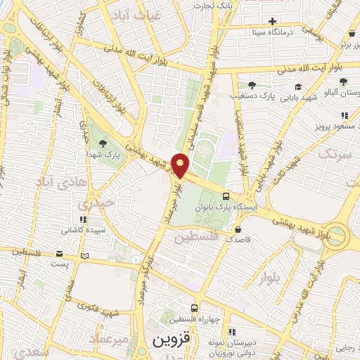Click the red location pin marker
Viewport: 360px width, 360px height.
point(181,165)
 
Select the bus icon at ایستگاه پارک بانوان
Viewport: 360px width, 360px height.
point(225,196)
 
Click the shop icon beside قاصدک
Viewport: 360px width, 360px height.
point(239,229)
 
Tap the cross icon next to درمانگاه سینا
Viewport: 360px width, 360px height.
point(292,20)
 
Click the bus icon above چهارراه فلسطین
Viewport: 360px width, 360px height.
point(195,307)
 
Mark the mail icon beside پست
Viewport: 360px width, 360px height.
point(85,256)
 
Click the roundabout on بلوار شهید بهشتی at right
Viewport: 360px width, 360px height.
point(337,236)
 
